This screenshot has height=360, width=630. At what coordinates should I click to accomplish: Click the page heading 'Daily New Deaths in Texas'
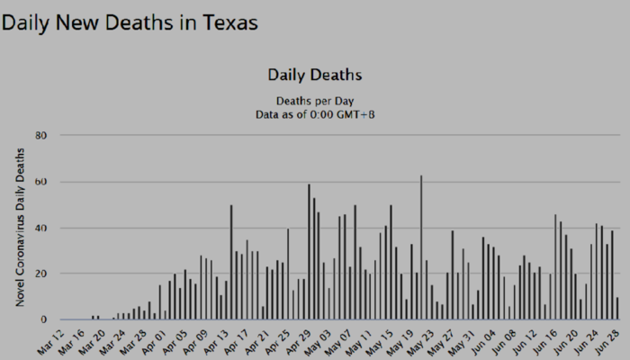(x=130, y=22)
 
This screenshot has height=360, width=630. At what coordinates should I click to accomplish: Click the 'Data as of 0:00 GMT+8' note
(x=315, y=114)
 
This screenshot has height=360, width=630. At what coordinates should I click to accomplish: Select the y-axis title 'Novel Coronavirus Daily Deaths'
(x=19, y=227)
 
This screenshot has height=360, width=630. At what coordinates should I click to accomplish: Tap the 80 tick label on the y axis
(x=40, y=136)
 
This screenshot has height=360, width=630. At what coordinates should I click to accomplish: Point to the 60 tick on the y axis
(x=40, y=182)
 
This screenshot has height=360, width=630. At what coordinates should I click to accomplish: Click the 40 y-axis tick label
(x=40, y=228)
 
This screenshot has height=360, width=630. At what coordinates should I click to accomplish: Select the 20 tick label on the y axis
(x=40, y=274)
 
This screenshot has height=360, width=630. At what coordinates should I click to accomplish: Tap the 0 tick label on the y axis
(x=42, y=319)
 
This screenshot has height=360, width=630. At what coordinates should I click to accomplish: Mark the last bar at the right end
(x=617, y=309)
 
